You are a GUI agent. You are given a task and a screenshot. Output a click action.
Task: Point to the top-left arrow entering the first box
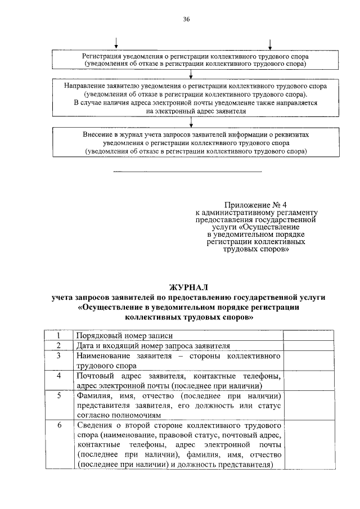116,44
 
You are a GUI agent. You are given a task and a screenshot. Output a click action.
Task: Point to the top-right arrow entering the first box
271,44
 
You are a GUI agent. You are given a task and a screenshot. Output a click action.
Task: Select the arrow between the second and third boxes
192,122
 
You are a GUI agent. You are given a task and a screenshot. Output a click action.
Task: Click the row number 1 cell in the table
58,335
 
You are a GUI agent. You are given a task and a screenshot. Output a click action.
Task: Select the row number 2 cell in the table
58,345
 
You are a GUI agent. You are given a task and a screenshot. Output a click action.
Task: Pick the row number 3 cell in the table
58,355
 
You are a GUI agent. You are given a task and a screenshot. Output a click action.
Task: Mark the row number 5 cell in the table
58,396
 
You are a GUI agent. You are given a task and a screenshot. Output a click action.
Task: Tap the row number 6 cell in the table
58,425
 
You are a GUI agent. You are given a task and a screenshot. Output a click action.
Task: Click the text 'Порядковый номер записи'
116,335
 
